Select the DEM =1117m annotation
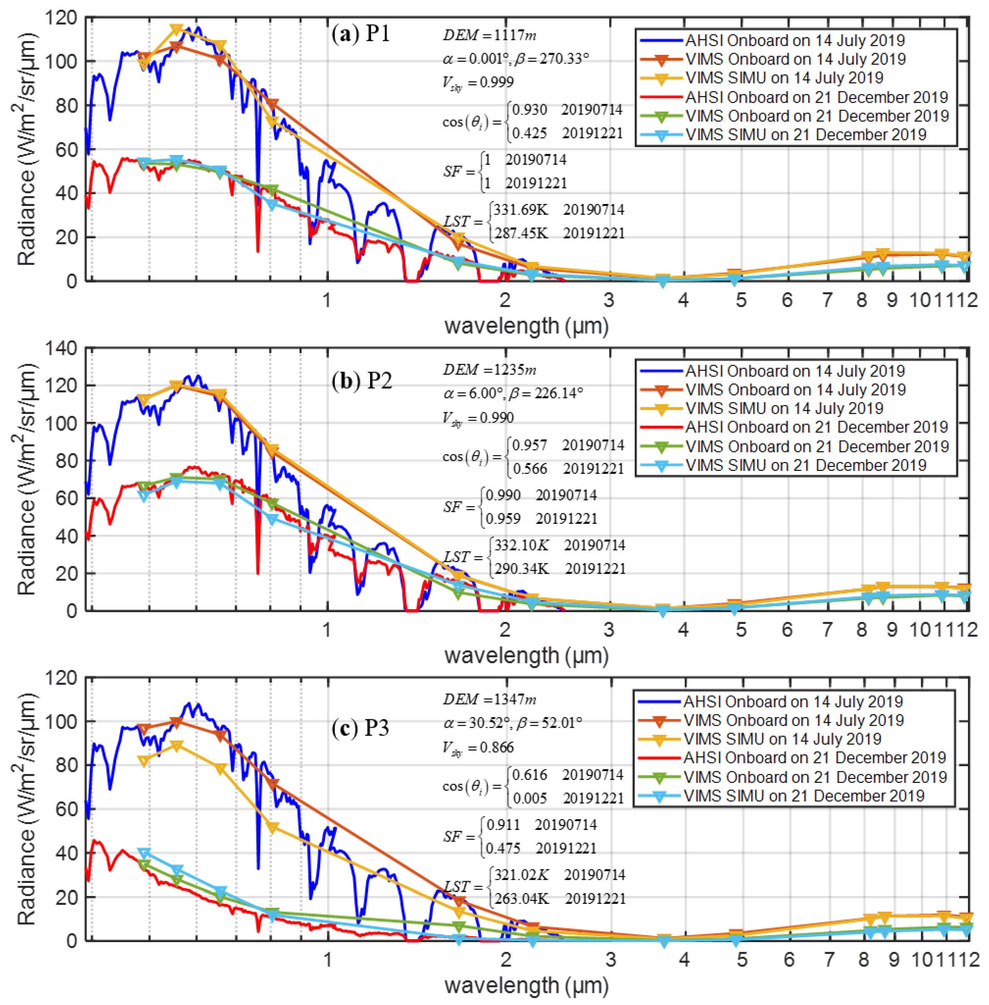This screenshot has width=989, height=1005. (489, 35)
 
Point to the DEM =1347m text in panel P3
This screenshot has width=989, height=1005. (489, 700)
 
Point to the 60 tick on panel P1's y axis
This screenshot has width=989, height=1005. (66, 150)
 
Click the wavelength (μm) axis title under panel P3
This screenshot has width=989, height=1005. (526, 985)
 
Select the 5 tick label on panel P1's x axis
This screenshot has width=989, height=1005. (741, 300)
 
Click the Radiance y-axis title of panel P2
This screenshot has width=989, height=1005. (27, 479)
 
